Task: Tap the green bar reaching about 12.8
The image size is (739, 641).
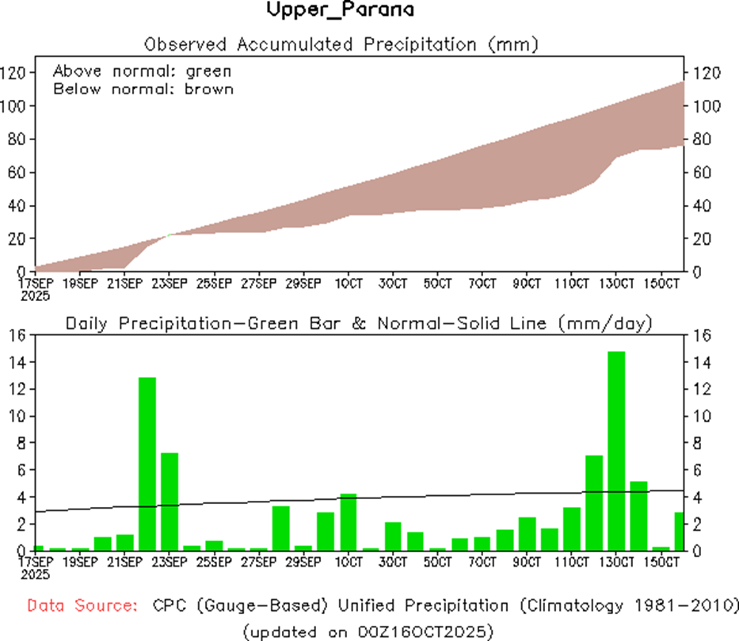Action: pyautogui.click(x=147, y=464)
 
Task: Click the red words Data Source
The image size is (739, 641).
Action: pyautogui.click(x=81, y=606)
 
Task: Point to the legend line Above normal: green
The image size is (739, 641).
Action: pyautogui.click(x=142, y=71)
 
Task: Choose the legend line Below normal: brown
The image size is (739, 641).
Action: pyautogui.click(x=143, y=89)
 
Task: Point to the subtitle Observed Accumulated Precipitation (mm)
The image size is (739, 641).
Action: pyautogui.click(x=341, y=44)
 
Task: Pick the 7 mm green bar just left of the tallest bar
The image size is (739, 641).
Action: pyautogui.click(x=594, y=502)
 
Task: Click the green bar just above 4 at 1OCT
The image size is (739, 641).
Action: pyautogui.click(x=347, y=521)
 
